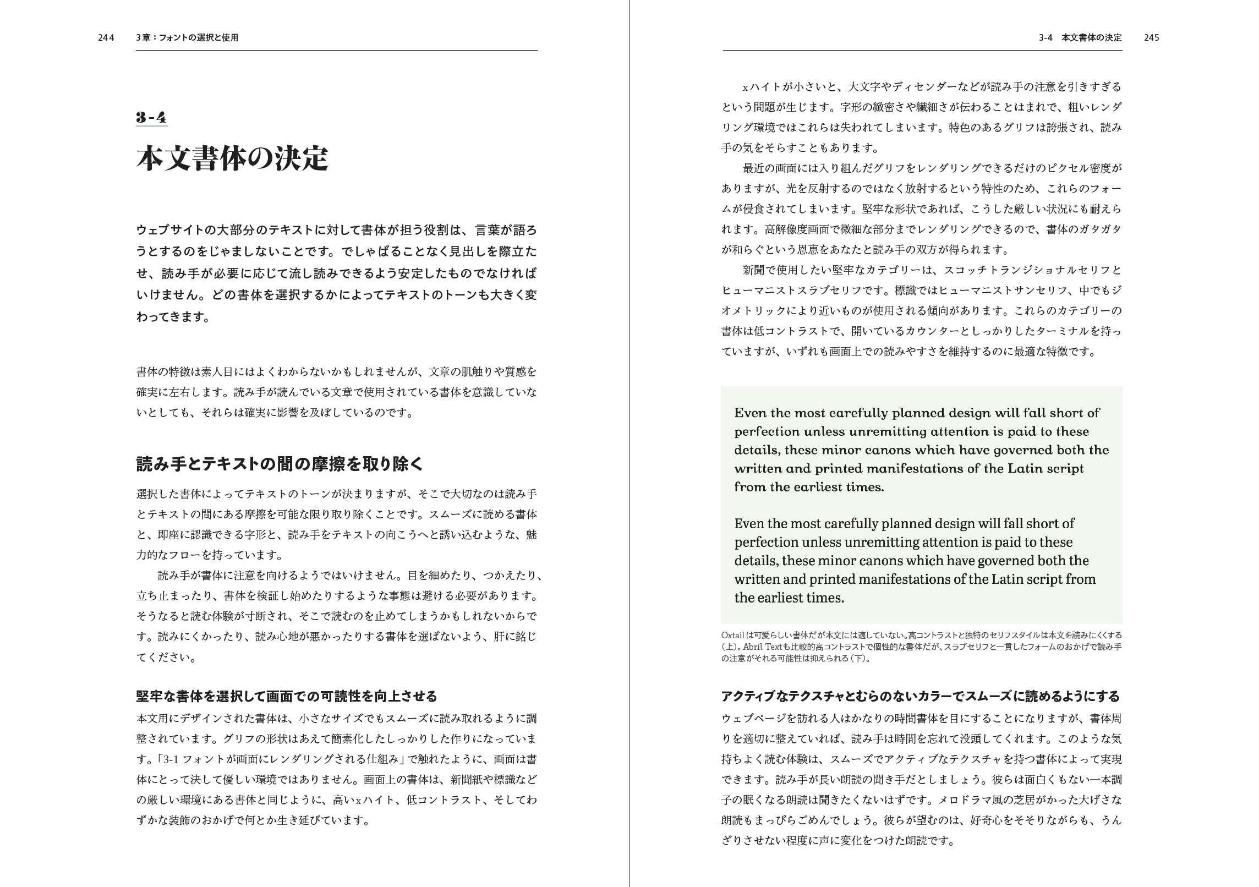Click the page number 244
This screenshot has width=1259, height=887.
[x=106, y=38]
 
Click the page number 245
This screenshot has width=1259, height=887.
[x=1151, y=38]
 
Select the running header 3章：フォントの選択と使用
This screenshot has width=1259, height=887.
[x=187, y=38]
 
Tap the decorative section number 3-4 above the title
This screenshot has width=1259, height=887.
[x=151, y=117]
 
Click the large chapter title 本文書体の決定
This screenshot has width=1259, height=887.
[x=232, y=159]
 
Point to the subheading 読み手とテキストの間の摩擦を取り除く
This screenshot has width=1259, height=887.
[x=280, y=464]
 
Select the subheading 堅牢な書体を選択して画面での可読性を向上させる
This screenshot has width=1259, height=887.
[x=286, y=696]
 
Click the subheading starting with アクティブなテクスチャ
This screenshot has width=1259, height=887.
[x=920, y=696]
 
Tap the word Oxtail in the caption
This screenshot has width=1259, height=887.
[x=733, y=635]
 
